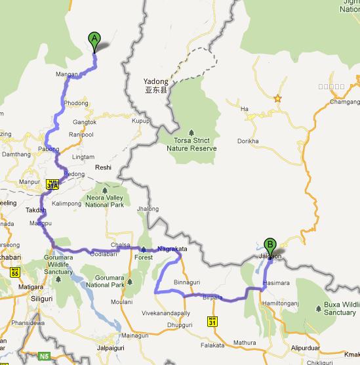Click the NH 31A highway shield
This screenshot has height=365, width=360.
[53, 185]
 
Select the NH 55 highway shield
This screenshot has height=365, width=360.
[14, 272]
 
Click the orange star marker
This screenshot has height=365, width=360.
[277, 98]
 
